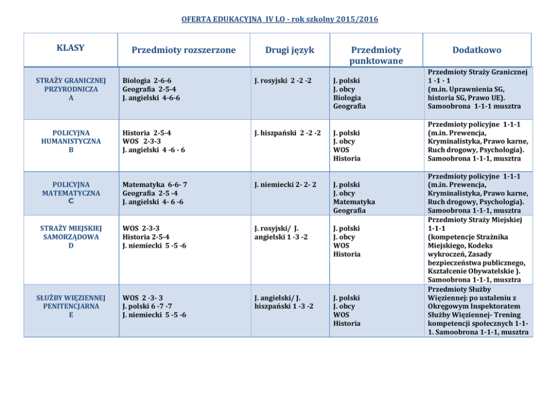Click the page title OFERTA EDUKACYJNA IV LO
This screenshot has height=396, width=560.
pyautogui.click(x=279, y=19)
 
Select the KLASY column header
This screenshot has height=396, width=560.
pyautogui.click(x=71, y=48)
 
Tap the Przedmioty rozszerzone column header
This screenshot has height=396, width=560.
pyautogui.click(x=183, y=50)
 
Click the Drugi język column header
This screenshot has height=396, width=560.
pyautogui.click(x=290, y=50)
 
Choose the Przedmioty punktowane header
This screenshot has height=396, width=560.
pyautogui.click(x=375, y=55)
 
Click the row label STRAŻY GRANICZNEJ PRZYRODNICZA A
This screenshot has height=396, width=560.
pyautogui.click(x=71, y=89)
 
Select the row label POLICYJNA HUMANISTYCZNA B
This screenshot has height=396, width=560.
pyautogui.click(x=71, y=141)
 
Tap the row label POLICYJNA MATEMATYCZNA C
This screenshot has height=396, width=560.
pyautogui.click(x=71, y=193)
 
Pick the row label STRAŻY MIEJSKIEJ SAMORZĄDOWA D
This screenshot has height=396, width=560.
pyautogui.click(x=71, y=237)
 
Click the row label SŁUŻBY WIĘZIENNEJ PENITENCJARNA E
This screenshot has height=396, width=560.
pyautogui.click(x=71, y=306)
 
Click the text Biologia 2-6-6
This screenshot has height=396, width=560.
pyautogui.click(x=147, y=81)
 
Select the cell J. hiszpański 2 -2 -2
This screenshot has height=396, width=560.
pyautogui.click(x=288, y=133)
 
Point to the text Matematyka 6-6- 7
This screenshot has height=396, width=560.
pyautogui.click(x=155, y=185)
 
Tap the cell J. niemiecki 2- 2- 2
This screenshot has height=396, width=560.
pyautogui.click(x=285, y=185)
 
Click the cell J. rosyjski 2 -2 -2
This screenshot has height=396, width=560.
pyautogui.click(x=283, y=81)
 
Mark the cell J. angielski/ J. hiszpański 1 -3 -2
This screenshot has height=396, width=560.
pyautogui.click(x=284, y=302)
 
